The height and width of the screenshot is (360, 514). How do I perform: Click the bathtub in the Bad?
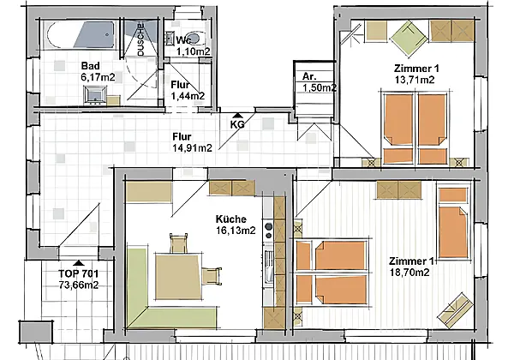coord(81,35)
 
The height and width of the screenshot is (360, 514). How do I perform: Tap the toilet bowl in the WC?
coord(194,39)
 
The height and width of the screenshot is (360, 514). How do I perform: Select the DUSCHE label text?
coord(140,39)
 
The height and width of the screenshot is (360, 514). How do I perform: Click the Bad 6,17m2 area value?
coord(98,78)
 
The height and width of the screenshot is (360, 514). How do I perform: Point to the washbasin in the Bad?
coord(95,95)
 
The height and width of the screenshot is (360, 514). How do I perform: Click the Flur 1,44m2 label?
coord(188,90)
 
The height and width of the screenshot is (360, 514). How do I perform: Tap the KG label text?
coord(237,124)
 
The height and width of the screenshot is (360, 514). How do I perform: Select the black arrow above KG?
coord(237,116)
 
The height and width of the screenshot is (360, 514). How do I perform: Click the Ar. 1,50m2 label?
coord(319,82)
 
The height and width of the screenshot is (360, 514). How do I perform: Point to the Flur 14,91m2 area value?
coord(192,148)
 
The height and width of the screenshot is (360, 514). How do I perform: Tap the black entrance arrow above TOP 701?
coord(79,263)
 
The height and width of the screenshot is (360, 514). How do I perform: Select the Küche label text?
coord(231,219)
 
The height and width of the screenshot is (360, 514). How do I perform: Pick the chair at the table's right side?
coord(212,276)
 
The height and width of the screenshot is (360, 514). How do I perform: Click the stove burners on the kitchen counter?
coord(268,231)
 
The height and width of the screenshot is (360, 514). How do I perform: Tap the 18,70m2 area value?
coord(409,272)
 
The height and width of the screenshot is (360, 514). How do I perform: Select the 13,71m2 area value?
coord(415,80)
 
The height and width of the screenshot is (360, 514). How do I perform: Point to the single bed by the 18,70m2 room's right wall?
coord(453,223)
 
